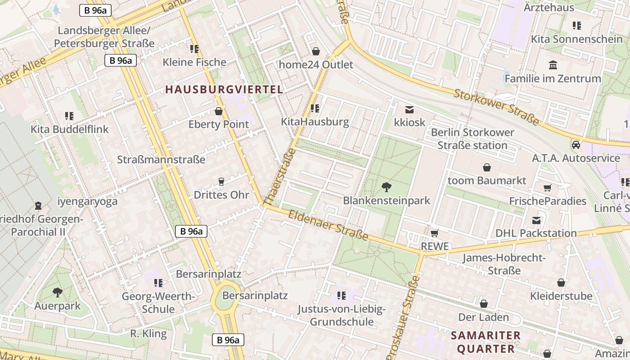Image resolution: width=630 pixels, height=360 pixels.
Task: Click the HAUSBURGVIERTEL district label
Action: pyautogui.click(x=224, y=89)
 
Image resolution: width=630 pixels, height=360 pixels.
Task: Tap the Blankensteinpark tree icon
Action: pyautogui.click(x=386, y=187)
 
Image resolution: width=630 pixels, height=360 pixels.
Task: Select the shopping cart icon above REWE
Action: pyautogui.click(x=434, y=233)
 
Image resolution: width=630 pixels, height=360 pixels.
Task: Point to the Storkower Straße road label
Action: pyautogui.click(x=496, y=107)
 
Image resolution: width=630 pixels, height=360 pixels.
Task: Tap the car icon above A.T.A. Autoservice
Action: pyautogui.click(x=576, y=145)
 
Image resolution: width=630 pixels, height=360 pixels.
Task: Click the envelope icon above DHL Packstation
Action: pyautogui.click(x=536, y=220)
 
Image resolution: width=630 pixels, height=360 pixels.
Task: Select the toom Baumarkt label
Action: pyautogui.click(x=487, y=180)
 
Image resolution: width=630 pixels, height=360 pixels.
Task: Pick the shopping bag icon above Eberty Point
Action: pyautogui.click(x=219, y=111)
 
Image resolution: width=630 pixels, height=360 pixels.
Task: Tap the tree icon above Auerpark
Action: pyautogui.click(x=57, y=293)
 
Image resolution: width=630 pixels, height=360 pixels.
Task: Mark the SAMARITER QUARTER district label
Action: pyautogui.click(x=486, y=342)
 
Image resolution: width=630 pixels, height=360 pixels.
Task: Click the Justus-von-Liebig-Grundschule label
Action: pyautogui.click(x=342, y=315)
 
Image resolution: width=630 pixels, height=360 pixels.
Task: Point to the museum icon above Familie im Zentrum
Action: pyautogui.click(x=553, y=65)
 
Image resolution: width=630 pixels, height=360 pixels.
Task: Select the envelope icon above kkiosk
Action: pyautogui.click(x=409, y=109)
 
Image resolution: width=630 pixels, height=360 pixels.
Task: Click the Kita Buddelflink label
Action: pyautogui.click(x=70, y=129)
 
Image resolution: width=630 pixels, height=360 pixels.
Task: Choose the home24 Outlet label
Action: pyautogui.click(x=316, y=64)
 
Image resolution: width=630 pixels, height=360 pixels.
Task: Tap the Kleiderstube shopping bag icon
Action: pyautogui.click(x=561, y=283)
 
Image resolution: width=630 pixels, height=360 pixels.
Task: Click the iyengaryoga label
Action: pyautogui.click(x=88, y=201)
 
